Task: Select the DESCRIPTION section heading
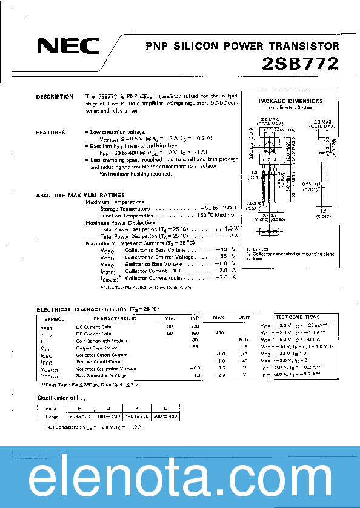pyautogui.click(x=55, y=97)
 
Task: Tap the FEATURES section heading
pyautogui.click(x=50, y=132)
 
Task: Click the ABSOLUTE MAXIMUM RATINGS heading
pyautogui.click(x=81, y=195)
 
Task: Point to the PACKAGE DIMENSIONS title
pyautogui.click(x=290, y=101)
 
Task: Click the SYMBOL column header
pyautogui.click(x=54, y=317)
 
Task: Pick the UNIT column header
pyautogui.click(x=244, y=317)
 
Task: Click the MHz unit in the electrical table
pyautogui.click(x=244, y=341)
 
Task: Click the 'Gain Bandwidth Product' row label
pyautogui.click(x=101, y=341)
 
